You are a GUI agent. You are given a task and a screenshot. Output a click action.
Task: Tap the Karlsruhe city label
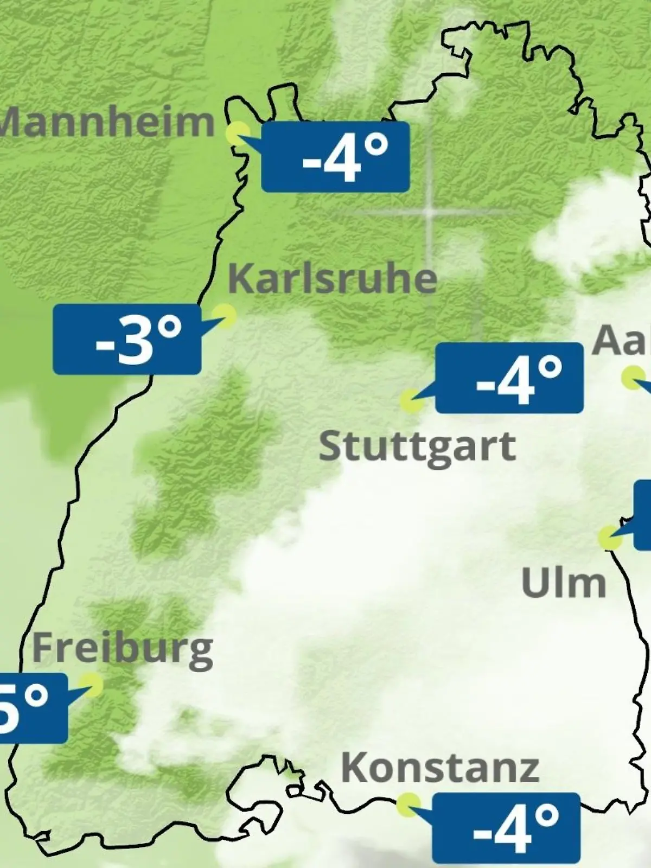coord(332,279)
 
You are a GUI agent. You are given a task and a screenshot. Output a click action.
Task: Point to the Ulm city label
coord(563,583)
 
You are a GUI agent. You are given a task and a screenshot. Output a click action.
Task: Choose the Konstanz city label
coord(440,768)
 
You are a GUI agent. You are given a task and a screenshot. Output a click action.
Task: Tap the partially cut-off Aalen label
coord(622,341)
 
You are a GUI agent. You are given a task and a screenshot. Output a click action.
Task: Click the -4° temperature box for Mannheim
coord(335,157)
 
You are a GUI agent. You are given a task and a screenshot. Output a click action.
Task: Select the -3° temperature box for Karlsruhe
coord(127,339)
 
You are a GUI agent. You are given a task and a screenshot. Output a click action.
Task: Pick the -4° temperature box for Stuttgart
coord(509,378)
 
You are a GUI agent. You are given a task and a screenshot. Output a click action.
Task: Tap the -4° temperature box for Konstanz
coord(506,827)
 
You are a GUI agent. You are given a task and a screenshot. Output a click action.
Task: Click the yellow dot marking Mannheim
coord(238,132)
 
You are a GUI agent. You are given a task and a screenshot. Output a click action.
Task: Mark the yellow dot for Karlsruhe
coord(224,315)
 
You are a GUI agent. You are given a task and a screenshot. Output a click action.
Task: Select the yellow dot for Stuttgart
coord(411,400)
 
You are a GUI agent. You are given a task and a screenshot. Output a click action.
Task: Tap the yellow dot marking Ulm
coord(610,537)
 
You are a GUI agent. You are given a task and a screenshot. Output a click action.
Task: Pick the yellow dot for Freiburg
coord(91,685)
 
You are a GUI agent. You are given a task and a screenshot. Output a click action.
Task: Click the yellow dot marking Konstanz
coord(408,804)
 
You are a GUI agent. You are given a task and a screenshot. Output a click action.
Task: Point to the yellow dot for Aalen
coord(632,378)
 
